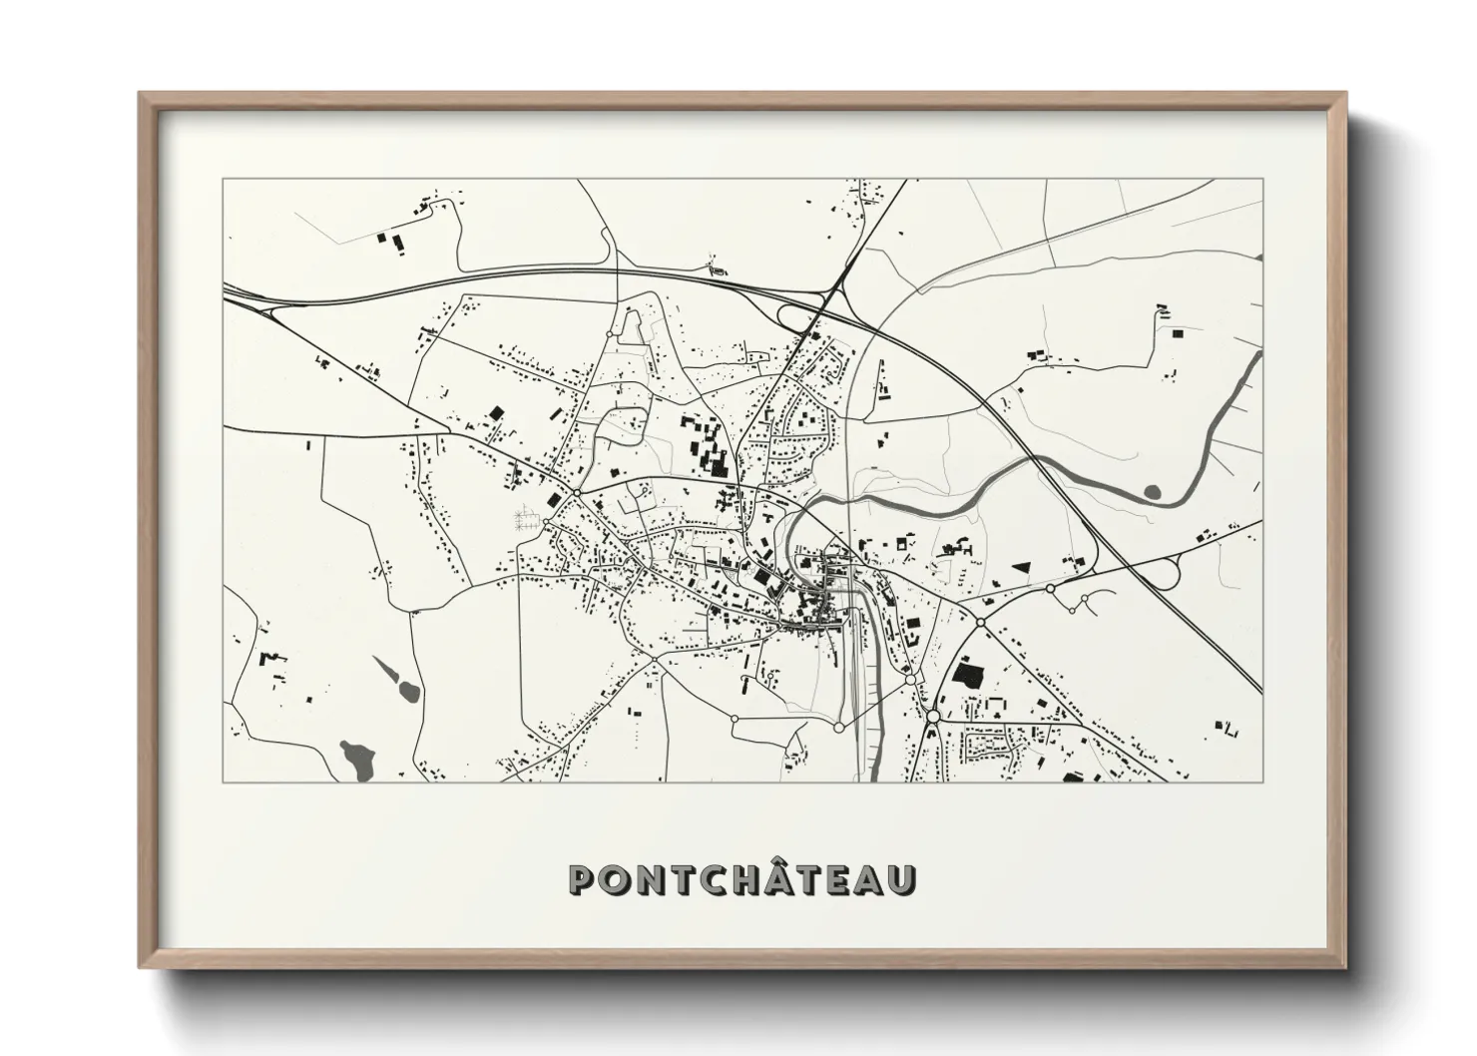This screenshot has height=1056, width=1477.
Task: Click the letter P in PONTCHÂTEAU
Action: point(584,879)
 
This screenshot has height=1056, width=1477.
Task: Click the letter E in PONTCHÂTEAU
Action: point(838,879)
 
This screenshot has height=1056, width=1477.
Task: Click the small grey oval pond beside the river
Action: point(1154,491)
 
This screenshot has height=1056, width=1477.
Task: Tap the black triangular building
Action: point(1021,566)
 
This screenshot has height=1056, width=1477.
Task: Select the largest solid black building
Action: point(967,671)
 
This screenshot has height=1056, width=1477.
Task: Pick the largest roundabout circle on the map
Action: point(933,717)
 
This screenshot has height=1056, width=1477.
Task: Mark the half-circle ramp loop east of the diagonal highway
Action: point(1160,574)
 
